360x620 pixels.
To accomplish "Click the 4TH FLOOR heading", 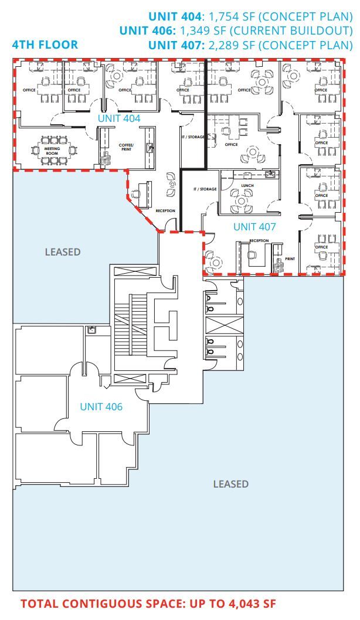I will pos(45,45).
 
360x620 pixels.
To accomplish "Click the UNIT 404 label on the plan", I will pos(119,118).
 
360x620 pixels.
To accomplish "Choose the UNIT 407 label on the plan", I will pos(254,226).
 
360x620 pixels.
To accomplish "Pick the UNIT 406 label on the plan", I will pos(101,406).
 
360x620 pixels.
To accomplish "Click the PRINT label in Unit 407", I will pos(290,258).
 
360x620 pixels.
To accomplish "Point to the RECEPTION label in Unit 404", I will pos(165,210).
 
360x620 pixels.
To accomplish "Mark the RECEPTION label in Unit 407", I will pos(259,241).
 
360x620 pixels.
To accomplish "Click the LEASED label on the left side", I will pos(63,252).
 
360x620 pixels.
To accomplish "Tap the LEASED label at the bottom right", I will pos(230,484).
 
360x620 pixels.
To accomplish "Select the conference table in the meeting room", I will pos(55,151).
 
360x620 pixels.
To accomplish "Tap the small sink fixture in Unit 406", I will pos(91,331).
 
